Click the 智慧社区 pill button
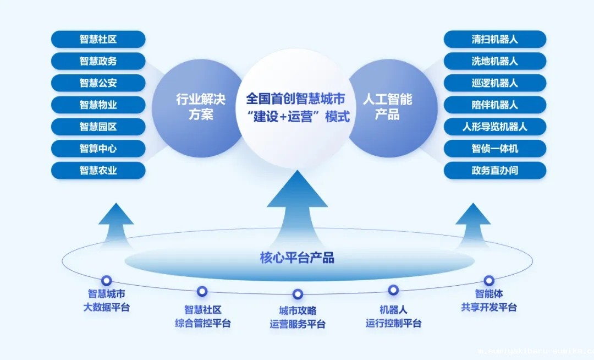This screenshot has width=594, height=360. (x=98, y=39)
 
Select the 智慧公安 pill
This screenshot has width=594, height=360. (x=98, y=83)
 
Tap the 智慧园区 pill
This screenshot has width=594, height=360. (x=98, y=127)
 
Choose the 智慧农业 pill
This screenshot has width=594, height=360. (x=98, y=171)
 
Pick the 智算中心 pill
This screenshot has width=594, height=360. (x=98, y=149)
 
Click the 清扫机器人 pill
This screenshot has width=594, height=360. (x=494, y=39)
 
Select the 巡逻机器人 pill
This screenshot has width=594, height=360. (x=494, y=83)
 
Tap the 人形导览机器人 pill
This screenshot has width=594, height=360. (x=494, y=127)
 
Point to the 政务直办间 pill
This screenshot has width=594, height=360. (x=494, y=171)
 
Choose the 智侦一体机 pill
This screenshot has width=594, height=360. (x=494, y=149)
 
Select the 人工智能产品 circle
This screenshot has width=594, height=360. (x=387, y=107)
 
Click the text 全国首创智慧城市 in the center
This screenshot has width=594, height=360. (x=295, y=99)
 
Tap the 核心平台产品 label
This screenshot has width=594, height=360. (x=297, y=258)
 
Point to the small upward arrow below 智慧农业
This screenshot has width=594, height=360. (x=116, y=220)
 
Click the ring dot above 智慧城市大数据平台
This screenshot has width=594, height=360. (x=106, y=280)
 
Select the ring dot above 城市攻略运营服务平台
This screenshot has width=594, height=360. (x=298, y=294)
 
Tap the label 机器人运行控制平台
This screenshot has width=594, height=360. (x=393, y=316)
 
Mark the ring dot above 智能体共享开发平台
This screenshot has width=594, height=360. (x=489, y=280)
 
